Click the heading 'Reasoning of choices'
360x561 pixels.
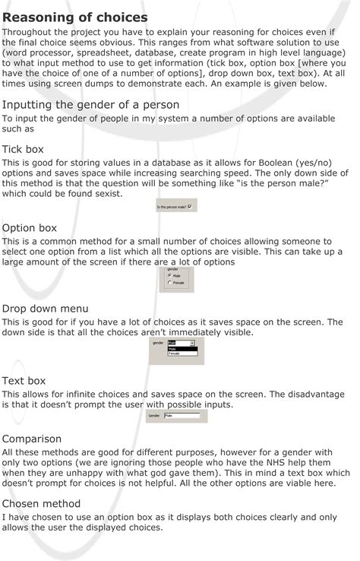pyautogui.click(x=74, y=17)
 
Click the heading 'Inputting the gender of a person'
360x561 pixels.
pyautogui.click(x=90, y=104)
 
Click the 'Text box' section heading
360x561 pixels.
pyautogui.click(x=24, y=380)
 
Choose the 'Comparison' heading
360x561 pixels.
pyautogui.click(x=32, y=439)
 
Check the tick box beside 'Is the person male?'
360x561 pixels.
pyautogui.click(x=190, y=206)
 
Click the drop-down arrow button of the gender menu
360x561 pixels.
pyautogui.click(x=192, y=343)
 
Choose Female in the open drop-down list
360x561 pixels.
pyautogui.click(x=175, y=353)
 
